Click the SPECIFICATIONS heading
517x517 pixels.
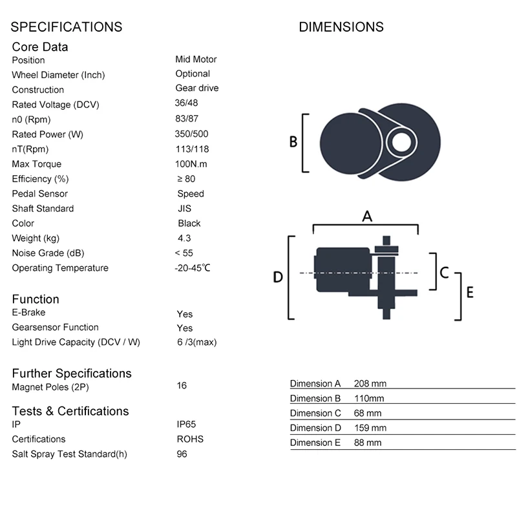(67, 27)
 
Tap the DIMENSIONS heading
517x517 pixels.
(341, 27)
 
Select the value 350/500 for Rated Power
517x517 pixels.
(191, 134)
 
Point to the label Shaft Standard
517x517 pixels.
(43, 208)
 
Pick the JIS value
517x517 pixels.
(185, 208)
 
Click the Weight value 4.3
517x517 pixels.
(184, 238)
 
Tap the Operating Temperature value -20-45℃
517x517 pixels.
(193, 268)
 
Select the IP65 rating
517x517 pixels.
(186, 424)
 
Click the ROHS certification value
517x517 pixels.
(189, 439)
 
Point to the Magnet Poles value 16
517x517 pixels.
(182, 386)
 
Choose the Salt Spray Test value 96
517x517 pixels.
(182, 454)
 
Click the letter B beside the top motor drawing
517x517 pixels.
(293, 141)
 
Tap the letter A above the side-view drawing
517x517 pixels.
(366, 217)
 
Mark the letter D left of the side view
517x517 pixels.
(277, 277)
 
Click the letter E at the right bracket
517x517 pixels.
(470, 292)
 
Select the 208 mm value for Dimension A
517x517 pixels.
(370, 383)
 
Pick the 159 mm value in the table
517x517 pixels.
(370, 428)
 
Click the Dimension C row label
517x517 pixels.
(315, 413)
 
